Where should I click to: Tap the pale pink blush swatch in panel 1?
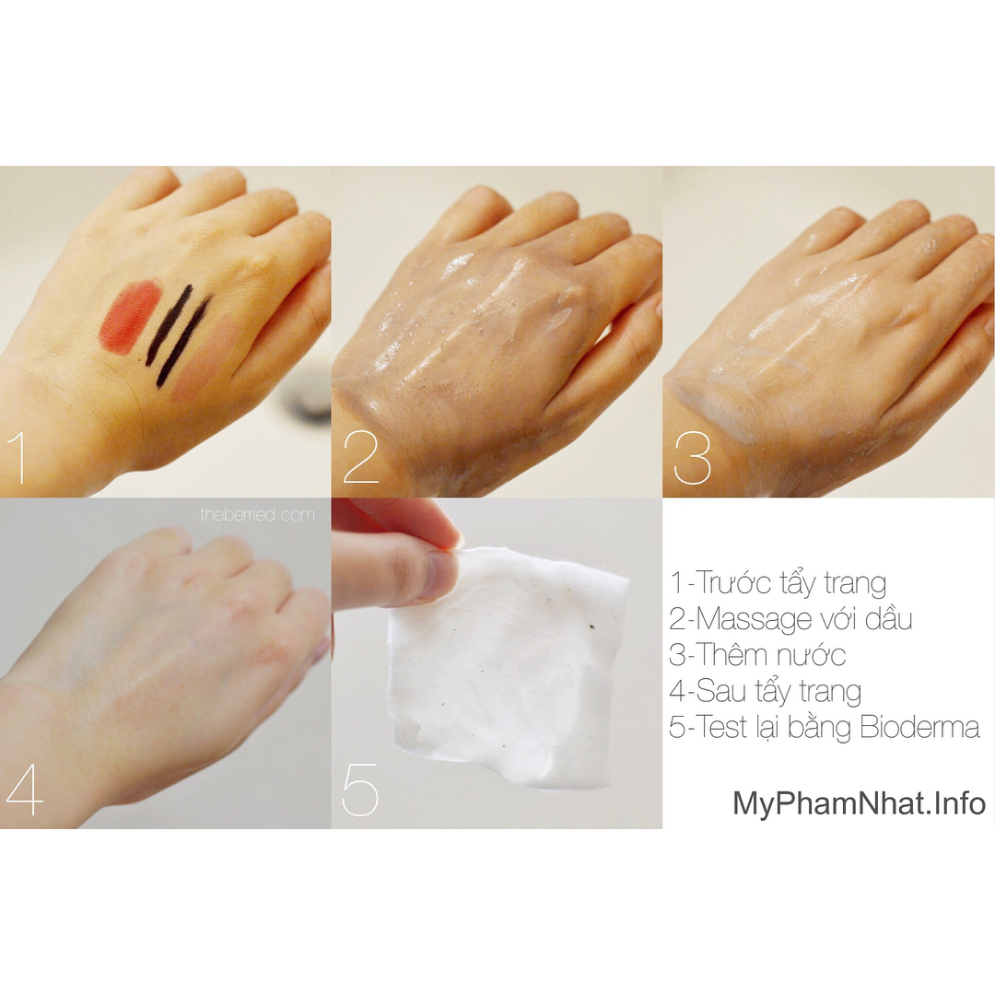click(x=209, y=359)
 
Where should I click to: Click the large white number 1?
click(x=19, y=458)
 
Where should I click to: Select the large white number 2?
click(x=360, y=458)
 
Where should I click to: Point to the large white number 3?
click(x=692, y=458)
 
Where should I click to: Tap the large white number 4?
click(x=25, y=790)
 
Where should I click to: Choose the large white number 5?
click(x=360, y=790)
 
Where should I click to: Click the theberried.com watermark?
click(x=258, y=515)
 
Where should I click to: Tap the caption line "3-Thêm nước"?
click(x=757, y=655)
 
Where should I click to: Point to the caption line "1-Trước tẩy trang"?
click(x=778, y=583)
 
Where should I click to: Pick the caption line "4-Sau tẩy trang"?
click(x=766, y=692)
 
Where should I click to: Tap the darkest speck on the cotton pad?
click(x=592, y=627)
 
